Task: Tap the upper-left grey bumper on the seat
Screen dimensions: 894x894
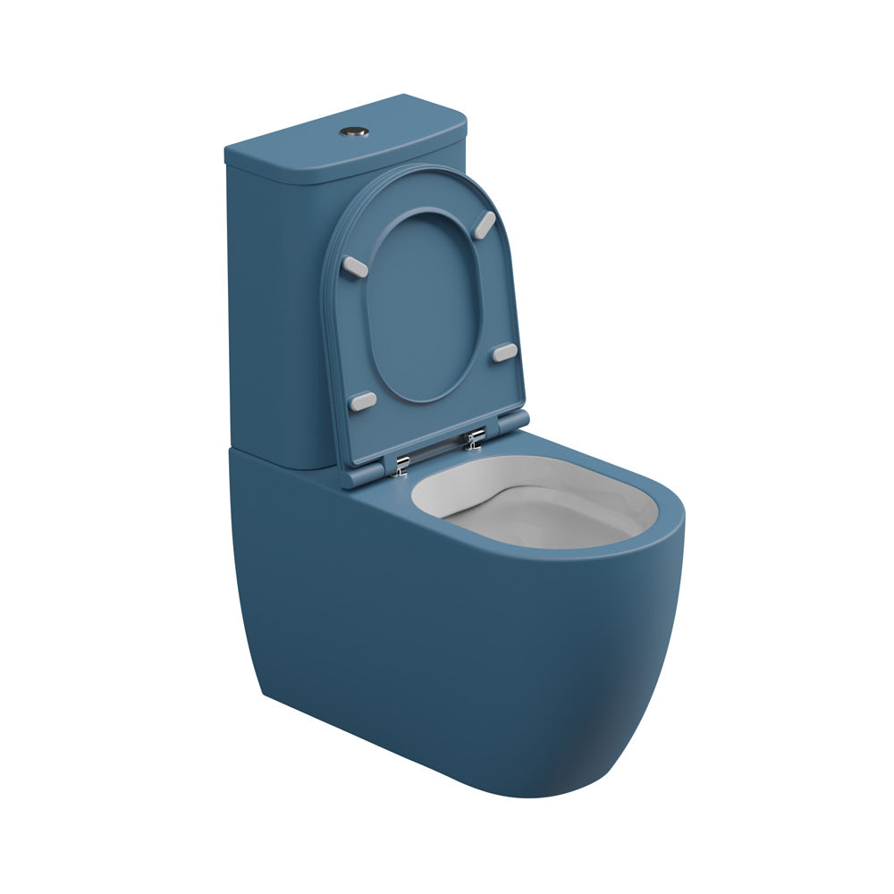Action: point(355,266)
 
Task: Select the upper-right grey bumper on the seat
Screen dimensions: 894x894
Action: point(485,223)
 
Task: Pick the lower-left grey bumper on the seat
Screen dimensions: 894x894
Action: point(363,401)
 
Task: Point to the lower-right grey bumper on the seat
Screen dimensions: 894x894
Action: point(505,352)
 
